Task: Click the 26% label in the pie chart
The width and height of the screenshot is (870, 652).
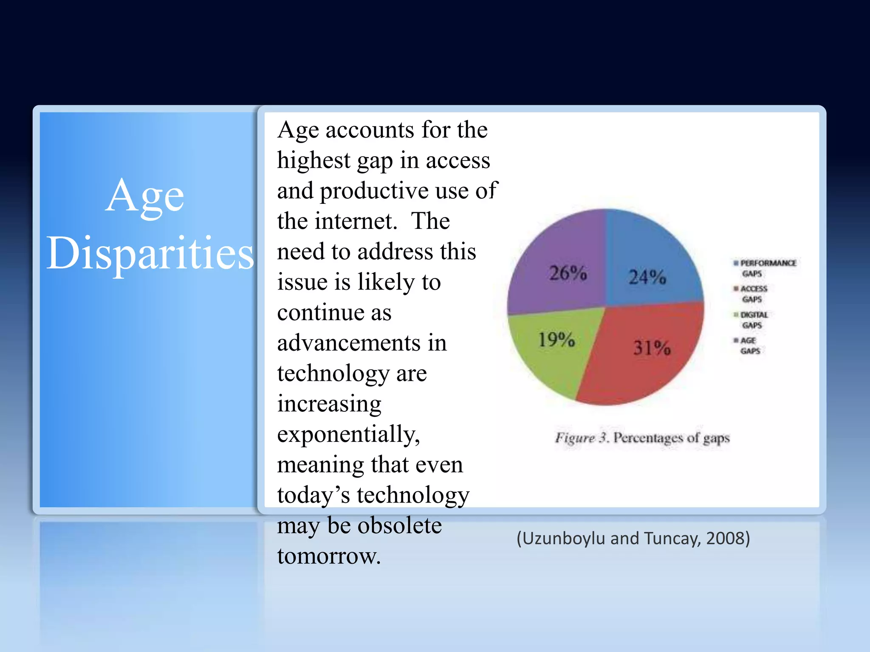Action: (x=568, y=273)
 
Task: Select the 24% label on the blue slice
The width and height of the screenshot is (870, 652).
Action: (x=647, y=277)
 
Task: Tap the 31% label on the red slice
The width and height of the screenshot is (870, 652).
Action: (x=652, y=348)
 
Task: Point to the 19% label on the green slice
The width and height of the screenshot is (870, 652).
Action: (x=556, y=339)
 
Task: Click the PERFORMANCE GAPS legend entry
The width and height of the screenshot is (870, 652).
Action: (x=765, y=268)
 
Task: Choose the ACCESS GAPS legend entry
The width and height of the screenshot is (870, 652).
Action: (x=752, y=294)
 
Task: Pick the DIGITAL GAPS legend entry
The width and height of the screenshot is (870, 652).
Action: (x=752, y=320)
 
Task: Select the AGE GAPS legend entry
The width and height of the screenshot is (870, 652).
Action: (x=749, y=346)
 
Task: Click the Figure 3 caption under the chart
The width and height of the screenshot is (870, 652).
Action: (x=642, y=438)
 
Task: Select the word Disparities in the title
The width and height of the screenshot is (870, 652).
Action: (x=150, y=253)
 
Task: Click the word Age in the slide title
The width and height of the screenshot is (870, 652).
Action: (x=145, y=196)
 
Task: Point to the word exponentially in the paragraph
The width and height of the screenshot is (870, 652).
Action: (x=348, y=434)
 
